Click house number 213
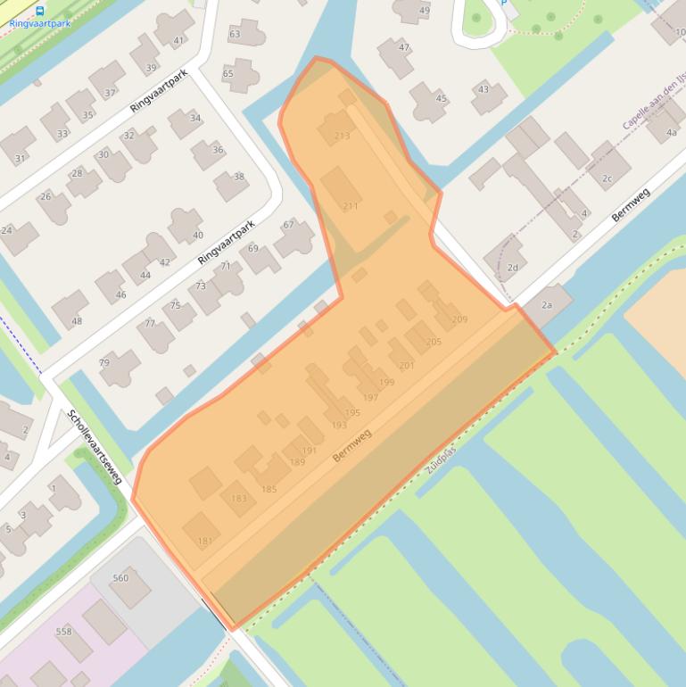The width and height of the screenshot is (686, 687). coord(341,137)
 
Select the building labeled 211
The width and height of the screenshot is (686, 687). coord(350,206)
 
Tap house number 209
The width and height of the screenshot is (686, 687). coord(459,319)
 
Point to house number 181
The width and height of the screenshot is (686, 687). coord(205,542)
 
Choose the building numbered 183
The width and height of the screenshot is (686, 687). coord(238,499)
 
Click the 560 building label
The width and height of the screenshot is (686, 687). coord(120,578)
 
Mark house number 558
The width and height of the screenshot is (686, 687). coord(63,632)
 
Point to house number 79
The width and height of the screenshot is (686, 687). coord(104,362)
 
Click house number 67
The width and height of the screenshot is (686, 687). coord(288,225)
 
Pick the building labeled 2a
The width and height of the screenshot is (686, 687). coord(547,306)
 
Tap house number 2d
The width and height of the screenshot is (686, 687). coord(512,268)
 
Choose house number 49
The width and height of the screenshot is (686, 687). coord(424,11)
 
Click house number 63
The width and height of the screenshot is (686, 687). coord(235,35)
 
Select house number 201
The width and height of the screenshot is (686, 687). coord(407,366)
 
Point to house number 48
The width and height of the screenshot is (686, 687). coord(77,322)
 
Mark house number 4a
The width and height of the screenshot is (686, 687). coord(672,133)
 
